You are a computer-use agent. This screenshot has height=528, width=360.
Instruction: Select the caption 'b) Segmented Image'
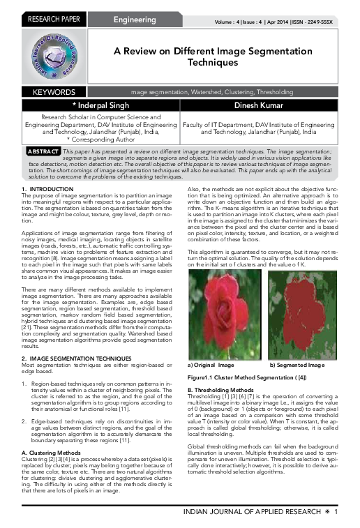pos(298,365)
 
